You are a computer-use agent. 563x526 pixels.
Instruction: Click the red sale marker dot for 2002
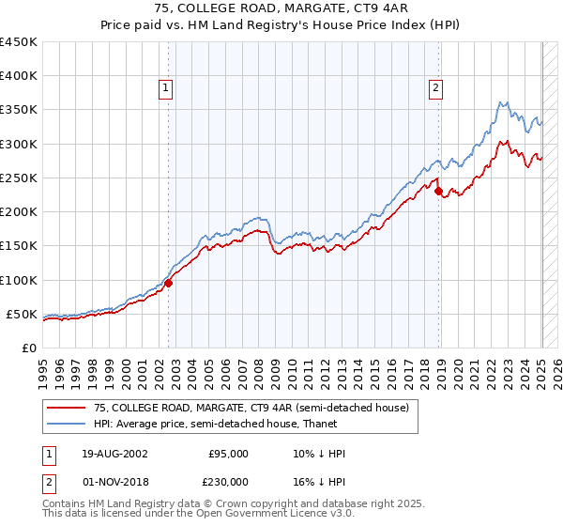point(169,283)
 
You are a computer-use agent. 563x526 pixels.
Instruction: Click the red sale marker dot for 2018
point(439,191)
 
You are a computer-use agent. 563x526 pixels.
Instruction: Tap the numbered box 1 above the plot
point(165,89)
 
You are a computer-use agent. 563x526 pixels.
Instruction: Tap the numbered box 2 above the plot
point(436,89)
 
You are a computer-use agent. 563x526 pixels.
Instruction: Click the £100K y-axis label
point(18,280)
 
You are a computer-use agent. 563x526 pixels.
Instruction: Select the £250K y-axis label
point(18,178)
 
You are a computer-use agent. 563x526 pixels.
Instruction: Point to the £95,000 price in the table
point(228,454)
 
